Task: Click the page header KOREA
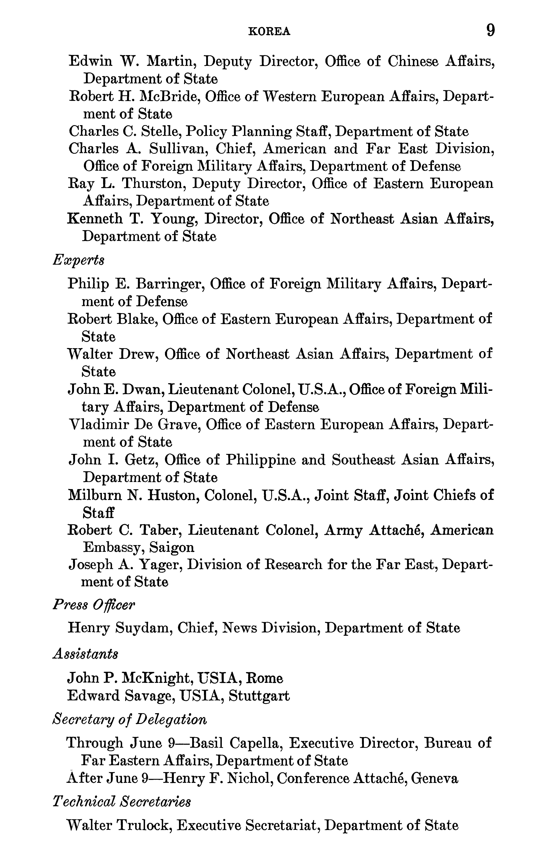tap(269, 32)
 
